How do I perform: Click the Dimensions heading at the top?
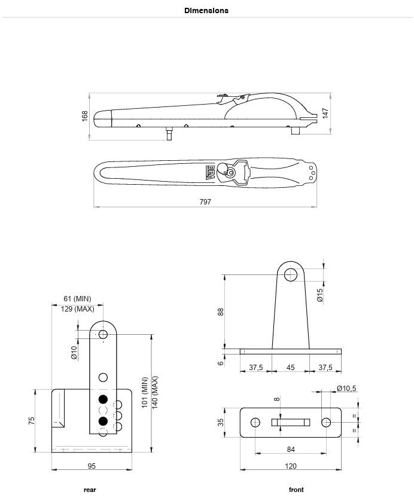pos(206,11)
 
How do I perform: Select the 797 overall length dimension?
pos(205,201)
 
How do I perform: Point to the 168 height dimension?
pos(85,115)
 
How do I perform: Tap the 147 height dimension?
pos(325,114)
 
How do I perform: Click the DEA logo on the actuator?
pos(211,173)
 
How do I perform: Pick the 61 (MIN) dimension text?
pos(77,299)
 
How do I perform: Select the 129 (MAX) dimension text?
pos(77,309)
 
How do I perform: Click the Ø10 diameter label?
pos(74,353)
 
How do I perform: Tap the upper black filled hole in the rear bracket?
pos(103,399)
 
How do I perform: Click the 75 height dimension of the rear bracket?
pos(31,420)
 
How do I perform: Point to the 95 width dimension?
pos(92,466)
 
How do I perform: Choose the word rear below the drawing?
pos(90,490)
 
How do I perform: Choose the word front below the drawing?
pos(296,490)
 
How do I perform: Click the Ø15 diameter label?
pos(320,295)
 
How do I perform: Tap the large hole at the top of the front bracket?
pos(290,275)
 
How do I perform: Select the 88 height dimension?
pos(221,312)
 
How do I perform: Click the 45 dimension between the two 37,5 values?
pos(290,368)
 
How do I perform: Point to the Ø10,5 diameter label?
pos(346,388)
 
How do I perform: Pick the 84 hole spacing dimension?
pos(291,450)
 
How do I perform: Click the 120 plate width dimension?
pos(291,466)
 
